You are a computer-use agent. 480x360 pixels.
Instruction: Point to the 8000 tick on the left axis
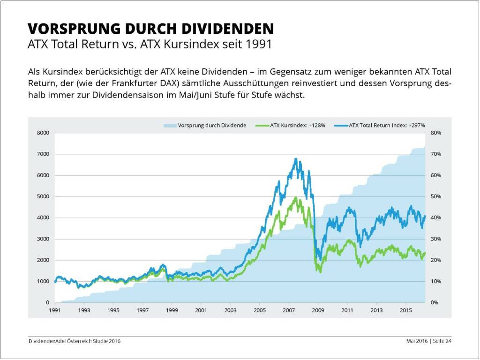click(x=43, y=133)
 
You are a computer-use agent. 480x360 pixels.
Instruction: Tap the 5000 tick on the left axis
click(x=43, y=197)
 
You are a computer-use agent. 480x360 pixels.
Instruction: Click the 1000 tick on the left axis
click(x=43, y=282)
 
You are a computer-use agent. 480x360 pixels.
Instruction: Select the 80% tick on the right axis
click(x=435, y=133)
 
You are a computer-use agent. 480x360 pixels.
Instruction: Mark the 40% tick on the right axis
click(x=435, y=218)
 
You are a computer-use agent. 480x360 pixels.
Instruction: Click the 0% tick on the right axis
click(x=434, y=303)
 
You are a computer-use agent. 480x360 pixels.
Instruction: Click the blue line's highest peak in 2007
click(x=295, y=159)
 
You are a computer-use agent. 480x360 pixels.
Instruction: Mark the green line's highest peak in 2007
click(x=295, y=197)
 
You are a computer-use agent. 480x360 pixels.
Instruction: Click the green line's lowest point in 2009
click(x=320, y=272)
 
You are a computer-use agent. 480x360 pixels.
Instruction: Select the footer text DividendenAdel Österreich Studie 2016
click(x=75, y=342)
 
